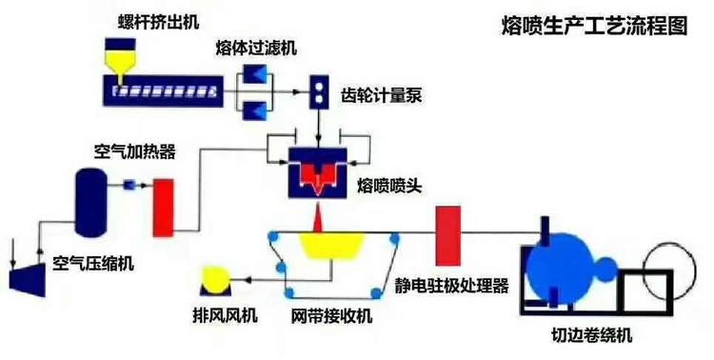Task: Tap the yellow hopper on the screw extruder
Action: coord(120,59)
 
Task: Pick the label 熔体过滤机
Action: coord(255,45)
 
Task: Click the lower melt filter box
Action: coord(256,110)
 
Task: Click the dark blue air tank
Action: coord(90,202)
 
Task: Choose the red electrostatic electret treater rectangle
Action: coord(447,234)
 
